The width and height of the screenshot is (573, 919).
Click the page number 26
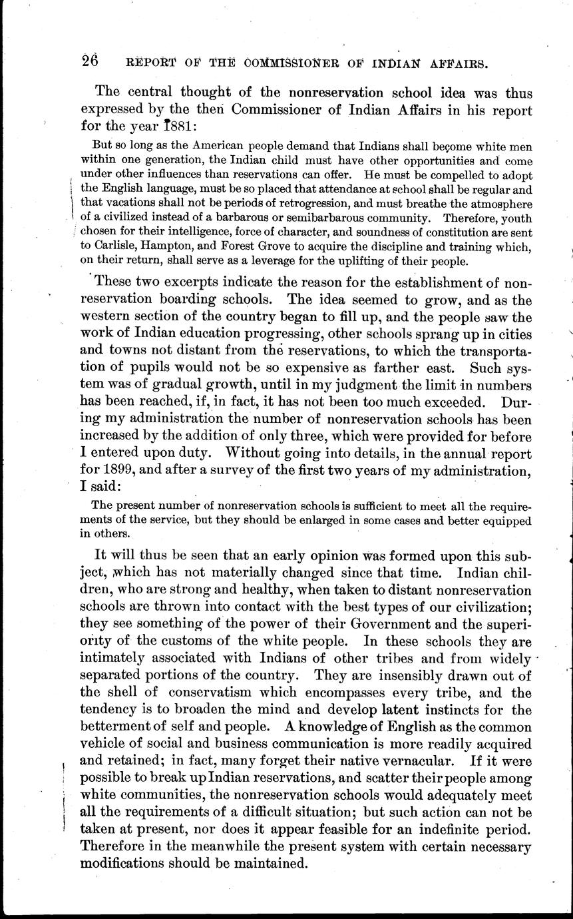point(90,61)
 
